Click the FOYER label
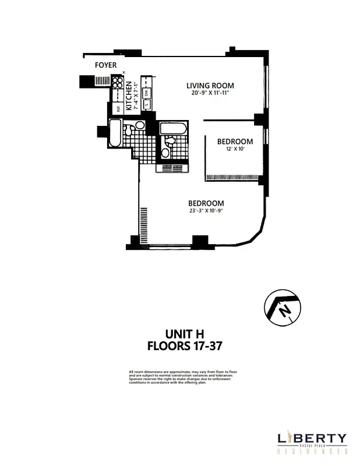click(x=105, y=65)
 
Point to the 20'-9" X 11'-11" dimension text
click(x=210, y=93)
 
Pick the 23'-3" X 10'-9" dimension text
click(x=206, y=211)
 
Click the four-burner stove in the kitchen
click(x=118, y=82)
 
